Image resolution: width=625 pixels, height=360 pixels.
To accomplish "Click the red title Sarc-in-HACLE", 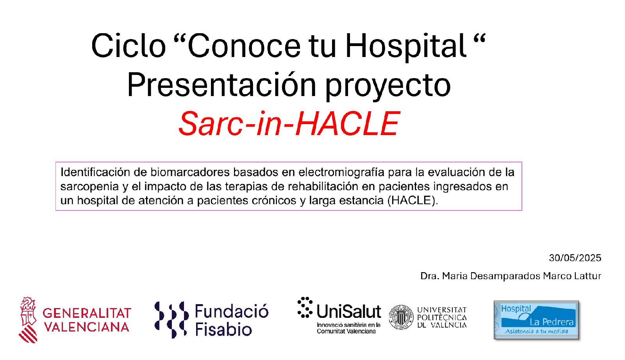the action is click(289, 123).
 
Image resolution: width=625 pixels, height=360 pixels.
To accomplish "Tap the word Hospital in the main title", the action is click(406, 46).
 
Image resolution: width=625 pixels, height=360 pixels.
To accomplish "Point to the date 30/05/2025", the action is click(575, 258).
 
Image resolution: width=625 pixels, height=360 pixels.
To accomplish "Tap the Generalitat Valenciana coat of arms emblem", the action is click(28, 320).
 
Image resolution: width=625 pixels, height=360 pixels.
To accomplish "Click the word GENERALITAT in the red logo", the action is click(87, 313).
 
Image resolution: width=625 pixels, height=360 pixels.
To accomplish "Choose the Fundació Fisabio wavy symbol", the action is click(171, 320).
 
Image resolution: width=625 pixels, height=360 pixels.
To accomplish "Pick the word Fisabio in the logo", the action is click(223, 329).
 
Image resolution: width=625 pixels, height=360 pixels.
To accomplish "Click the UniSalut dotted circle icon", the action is click(305, 308).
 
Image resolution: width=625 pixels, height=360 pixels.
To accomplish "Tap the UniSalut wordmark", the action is click(349, 312).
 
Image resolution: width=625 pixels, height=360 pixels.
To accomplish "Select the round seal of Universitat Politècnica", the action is click(401, 317).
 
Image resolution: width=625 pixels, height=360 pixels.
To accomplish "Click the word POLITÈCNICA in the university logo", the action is click(442, 317).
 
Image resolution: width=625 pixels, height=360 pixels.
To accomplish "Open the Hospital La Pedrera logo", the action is click(536, 320).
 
